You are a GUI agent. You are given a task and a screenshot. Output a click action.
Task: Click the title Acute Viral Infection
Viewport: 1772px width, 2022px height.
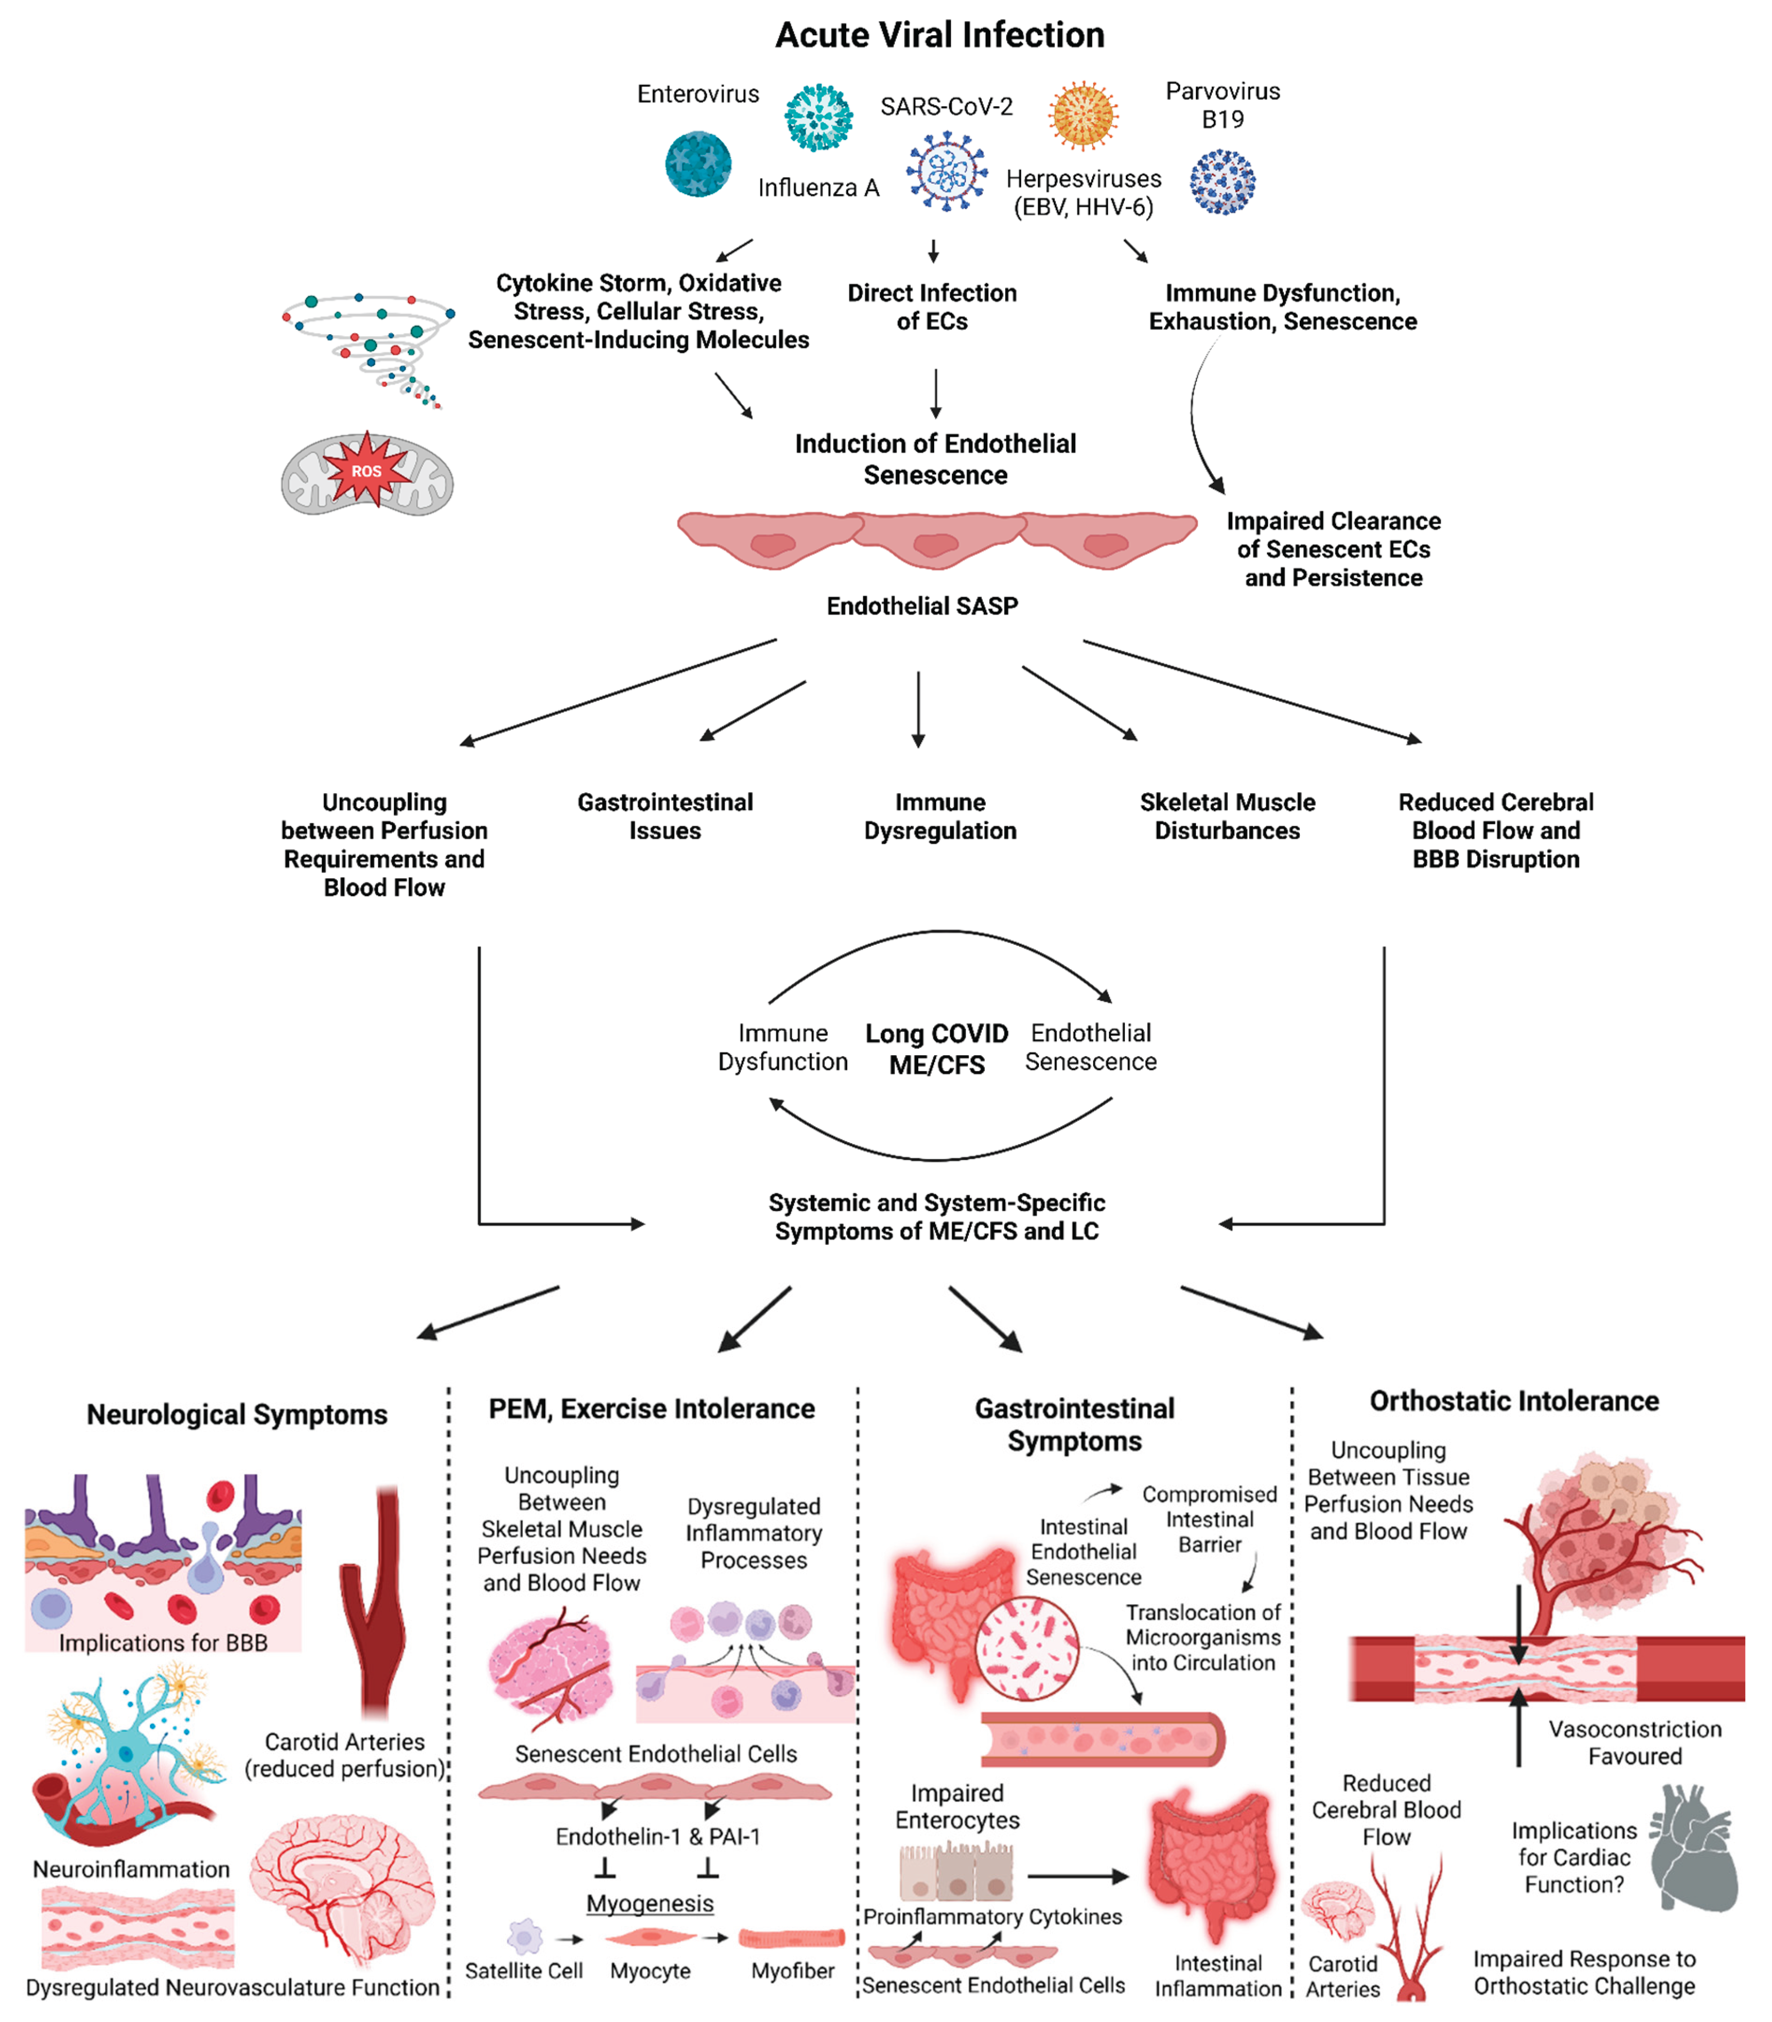940,36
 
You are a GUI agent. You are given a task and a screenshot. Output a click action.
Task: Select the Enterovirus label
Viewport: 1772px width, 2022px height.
698,94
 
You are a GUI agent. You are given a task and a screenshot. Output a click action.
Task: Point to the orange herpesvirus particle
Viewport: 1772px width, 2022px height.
1084,115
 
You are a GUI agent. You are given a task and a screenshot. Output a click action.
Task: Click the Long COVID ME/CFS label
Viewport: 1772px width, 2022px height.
937,1049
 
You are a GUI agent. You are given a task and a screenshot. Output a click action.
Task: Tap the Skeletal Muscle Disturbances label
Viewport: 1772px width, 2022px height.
1227,816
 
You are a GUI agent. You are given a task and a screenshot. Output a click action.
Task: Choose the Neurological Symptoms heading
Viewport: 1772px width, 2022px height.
237,1414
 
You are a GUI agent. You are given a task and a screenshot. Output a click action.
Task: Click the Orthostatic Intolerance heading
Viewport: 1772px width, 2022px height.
1514,1401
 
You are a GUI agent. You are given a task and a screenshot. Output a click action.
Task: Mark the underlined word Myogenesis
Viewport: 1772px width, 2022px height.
650,1903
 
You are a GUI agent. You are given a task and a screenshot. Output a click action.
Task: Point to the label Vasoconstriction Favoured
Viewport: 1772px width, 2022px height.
1634,1742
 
